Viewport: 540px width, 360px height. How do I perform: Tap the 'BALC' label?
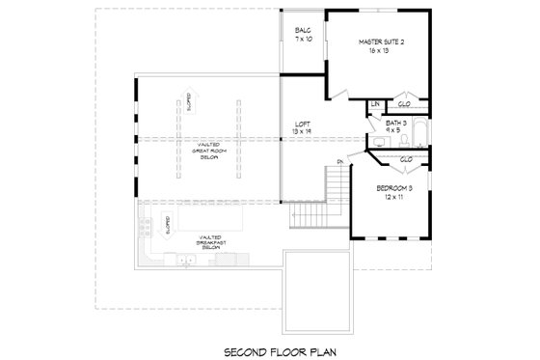coord(303,32)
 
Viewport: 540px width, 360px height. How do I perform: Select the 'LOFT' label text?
coord(302,124)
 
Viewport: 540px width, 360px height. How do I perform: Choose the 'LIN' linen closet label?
coord(377,103)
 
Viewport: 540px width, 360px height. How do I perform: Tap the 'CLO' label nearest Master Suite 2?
coord(405,103)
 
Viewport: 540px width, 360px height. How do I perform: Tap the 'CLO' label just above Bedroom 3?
coord(406,159)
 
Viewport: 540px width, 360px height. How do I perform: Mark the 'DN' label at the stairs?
coord(340,161)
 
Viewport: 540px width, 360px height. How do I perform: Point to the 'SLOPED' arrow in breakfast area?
coord(170,228)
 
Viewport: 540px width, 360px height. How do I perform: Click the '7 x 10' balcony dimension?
coord(303,41)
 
